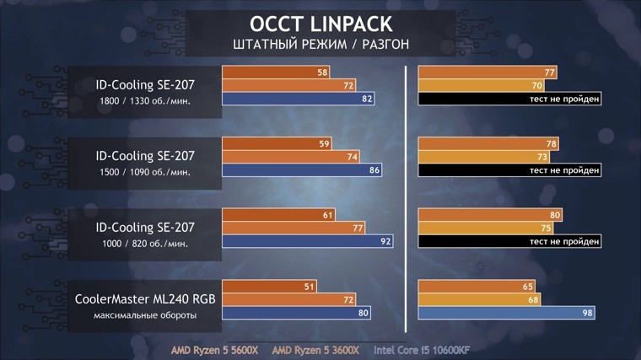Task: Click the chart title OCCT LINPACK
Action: [x=320, y=22]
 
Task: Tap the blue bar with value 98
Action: [x=510, y=314]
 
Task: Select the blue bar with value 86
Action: [x=302, y=170]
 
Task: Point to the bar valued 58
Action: [x=276, y=73]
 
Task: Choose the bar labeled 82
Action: [x=299, y=99]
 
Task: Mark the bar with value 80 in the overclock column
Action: [x=490, y=214]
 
